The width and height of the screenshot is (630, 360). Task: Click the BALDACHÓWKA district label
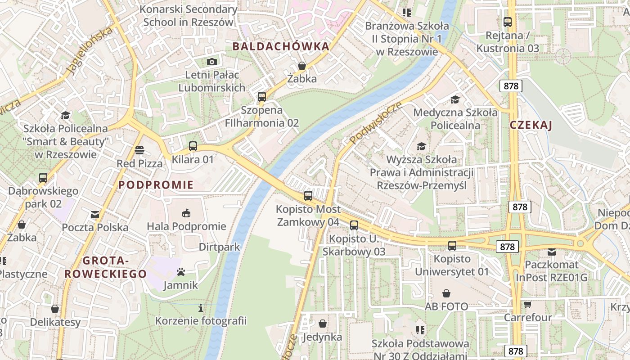click(281, 46)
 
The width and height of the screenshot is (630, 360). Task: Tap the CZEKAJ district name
click(531, 125)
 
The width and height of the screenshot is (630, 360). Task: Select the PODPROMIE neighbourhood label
click(156, 184)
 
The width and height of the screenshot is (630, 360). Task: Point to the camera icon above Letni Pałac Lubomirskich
click(211, 62)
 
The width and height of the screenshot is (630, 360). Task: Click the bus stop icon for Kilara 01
click(193, 146)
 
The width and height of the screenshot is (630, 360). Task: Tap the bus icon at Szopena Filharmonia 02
click(261, 97)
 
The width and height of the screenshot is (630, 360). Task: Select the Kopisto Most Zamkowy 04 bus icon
click(308, 196)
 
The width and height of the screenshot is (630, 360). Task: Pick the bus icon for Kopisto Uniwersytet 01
click(452, 246)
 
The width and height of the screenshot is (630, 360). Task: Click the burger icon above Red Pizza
click(139, 150)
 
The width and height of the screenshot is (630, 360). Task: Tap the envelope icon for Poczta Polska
click(95, 215)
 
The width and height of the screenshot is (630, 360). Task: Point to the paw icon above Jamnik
click(180, 272)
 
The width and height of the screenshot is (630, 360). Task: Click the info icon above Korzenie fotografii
click(201, 308)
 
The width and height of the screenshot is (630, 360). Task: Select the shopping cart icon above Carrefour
click(527, 305)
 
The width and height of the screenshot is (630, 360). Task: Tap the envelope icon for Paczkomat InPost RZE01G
click(551, 252)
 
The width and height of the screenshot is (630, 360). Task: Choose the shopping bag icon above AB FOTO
click(446, 294)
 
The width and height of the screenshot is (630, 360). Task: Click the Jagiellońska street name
click(89, 50)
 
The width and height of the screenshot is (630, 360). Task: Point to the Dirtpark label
click(219, 247)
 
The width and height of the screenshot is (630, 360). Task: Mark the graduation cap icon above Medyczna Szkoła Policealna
click(455, 99)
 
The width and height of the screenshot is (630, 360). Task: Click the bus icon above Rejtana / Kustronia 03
click(508, 22)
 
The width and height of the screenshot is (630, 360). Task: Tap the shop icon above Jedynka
click(322, 324)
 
